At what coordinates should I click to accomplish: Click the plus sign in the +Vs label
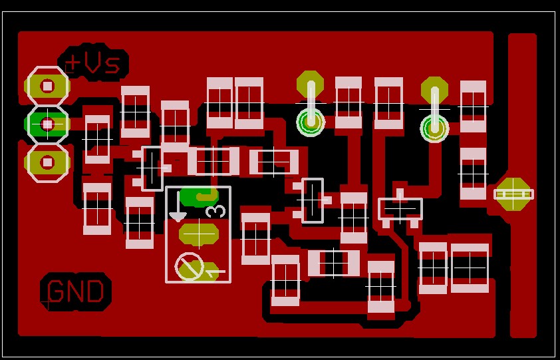[72, 63]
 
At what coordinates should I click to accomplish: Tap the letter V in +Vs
[93, 63]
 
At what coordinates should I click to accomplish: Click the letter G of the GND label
[57, 292]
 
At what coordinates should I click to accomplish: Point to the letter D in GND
[95, 292]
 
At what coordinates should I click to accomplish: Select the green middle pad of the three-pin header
[47, 124]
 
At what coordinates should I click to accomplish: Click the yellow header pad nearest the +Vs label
[47, 86]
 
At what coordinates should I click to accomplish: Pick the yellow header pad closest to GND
[47, 162]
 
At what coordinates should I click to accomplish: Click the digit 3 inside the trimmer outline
[216, 212]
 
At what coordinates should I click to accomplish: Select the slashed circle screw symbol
[190, 267]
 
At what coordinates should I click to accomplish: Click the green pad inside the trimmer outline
[199, 196]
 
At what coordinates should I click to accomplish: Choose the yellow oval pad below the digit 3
[199, 234]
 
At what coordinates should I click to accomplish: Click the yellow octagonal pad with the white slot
[513, 194]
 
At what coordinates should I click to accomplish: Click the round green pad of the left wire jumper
[311, 122]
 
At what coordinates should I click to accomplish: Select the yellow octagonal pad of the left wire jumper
[310, 84]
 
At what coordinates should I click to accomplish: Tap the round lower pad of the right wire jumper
[434, 128]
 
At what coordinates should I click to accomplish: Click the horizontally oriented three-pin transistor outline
[400, 208]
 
